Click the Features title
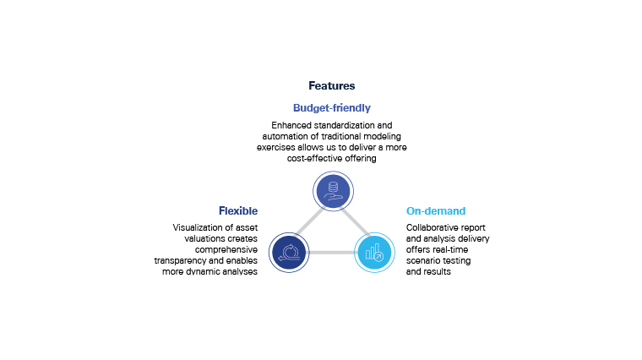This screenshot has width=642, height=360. (x=331, y=86)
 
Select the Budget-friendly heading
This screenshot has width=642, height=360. (x=331, y=108)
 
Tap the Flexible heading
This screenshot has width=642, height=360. (x=238, y=210)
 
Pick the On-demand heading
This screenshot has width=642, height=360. (x=436, y=210)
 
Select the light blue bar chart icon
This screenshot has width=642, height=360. (x=373, y=252)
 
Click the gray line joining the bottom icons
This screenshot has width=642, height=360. (x=331, y=252)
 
